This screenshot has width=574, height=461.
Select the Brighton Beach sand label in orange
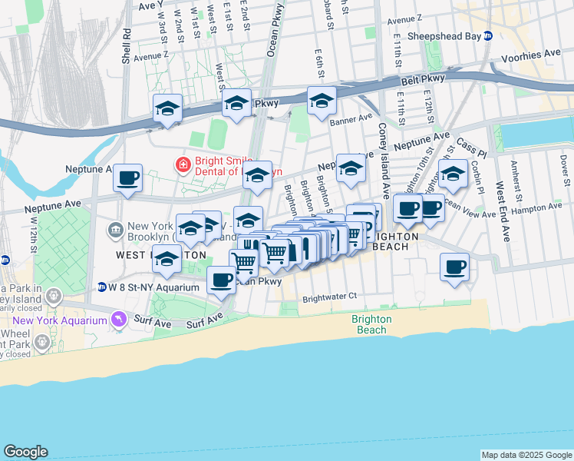coord(372,324)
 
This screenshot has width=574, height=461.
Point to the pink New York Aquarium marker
coord(117,318)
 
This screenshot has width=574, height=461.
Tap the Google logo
coord(25,452)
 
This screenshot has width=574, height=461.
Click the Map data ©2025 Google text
coord(526,455)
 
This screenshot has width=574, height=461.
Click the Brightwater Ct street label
coord(330,295)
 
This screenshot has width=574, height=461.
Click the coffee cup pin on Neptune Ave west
coord(127,178)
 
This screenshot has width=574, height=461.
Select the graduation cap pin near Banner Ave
coord(322,101)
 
